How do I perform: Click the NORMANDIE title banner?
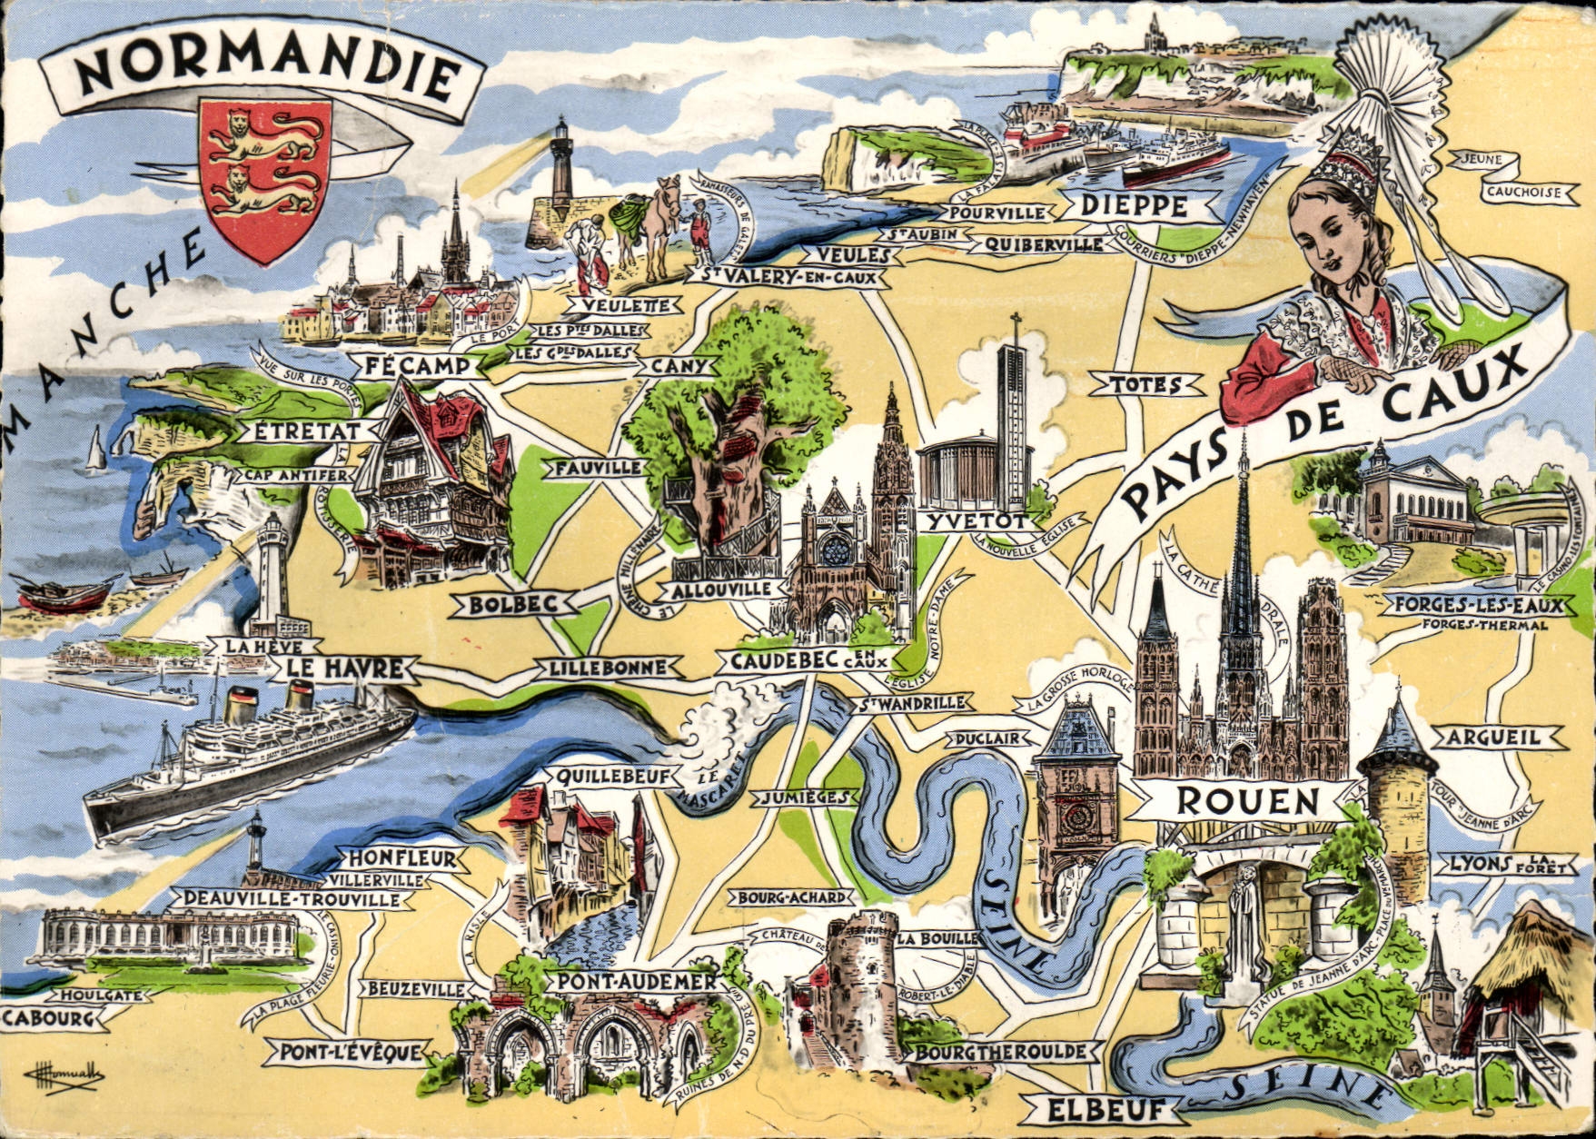point(263,73)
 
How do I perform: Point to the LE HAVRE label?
point(344,669)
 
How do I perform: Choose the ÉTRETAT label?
point(306,431)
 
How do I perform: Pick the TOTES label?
point(1145,385)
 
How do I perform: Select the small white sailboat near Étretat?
point(94,451)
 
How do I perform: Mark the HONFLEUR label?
point(401,858)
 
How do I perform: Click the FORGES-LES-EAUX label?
point(1478,606)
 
